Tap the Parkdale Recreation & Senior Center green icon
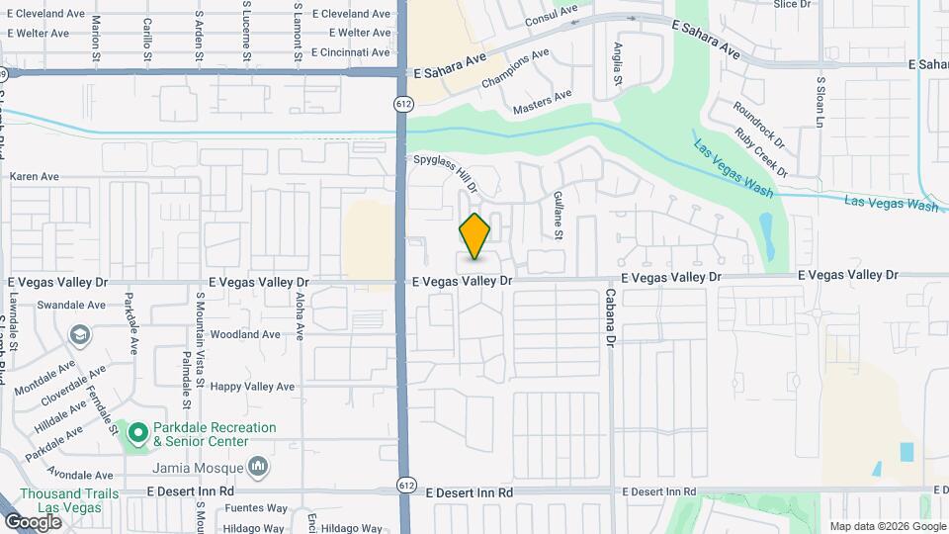coord(136,432)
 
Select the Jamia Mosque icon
coord(258,465)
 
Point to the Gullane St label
coord(558,216)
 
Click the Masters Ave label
coord(542,101)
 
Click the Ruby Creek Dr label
coord(763,152)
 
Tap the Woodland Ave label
coord(245,334)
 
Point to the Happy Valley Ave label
coord(253,386)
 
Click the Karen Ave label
coord(35,177)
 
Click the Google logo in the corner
coord(33,521)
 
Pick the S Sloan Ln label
coord(820,103)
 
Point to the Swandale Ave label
coord(71,306)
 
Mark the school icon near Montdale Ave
coord(78,336)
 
